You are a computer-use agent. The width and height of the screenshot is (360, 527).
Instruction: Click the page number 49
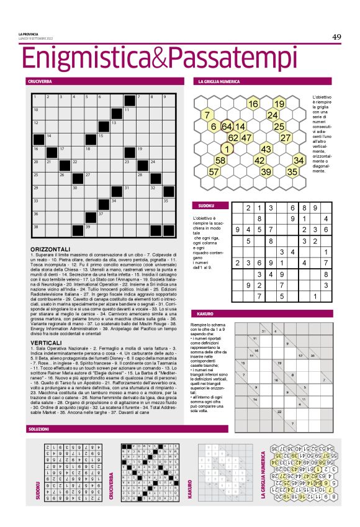pyautogui.click(x=336, y=37)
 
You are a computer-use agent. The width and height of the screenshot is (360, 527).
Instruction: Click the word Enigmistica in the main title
pyautogui.click(x=83, y=58)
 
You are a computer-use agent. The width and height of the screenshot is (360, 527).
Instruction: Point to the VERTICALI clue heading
pyautogui.click(x=45, y=325)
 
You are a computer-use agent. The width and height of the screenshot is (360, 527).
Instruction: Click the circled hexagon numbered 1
pyautogui.click(x=227, y=149)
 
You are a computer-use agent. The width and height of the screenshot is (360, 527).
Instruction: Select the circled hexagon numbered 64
pyautogui.click(x=227, y=127)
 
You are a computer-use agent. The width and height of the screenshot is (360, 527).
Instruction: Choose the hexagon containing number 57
pyautogui.click(x=214, y=171)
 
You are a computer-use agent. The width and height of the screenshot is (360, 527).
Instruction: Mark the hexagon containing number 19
pyautogui.click(x=279, y=104)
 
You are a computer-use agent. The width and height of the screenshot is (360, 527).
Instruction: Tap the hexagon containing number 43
pyautogui.click(x=266, y=149)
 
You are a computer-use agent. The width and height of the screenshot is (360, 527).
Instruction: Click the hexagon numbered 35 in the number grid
pyautogui.click(x=292, y=171)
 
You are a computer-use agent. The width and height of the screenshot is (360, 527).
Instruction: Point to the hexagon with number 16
pyautogui.click(x=253, y=104)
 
